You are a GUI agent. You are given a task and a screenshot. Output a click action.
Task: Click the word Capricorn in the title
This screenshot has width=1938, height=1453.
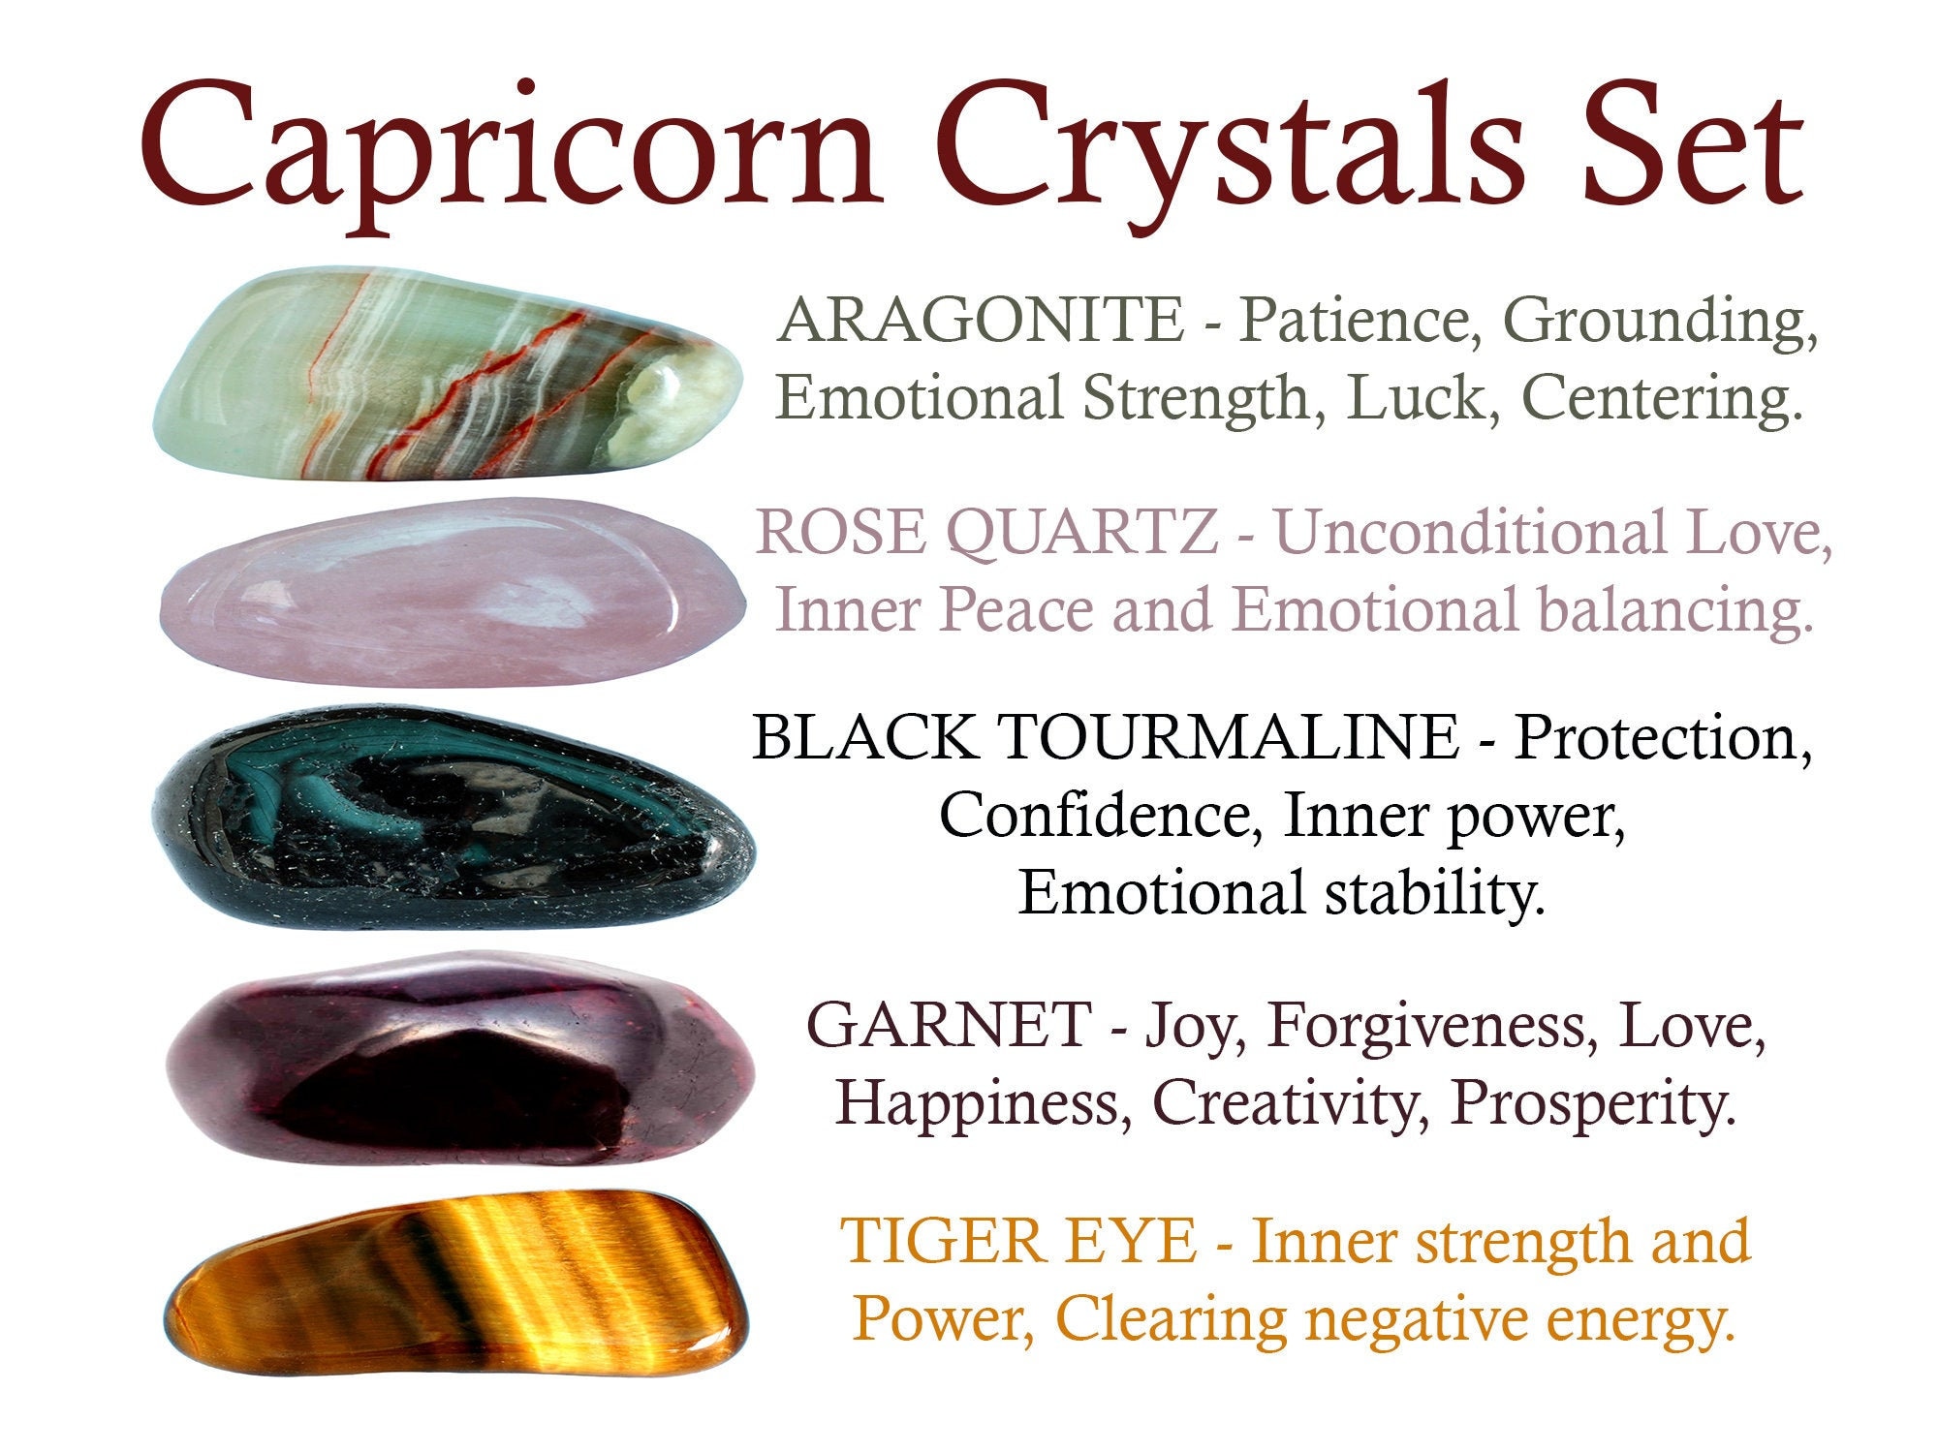pos(511,155)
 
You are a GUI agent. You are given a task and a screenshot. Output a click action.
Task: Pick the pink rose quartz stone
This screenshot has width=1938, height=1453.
pos(453,593)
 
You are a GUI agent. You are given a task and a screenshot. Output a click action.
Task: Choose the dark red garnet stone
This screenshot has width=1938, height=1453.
pos(460,1059)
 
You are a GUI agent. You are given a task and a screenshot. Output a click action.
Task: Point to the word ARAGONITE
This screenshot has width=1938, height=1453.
pos(980,321)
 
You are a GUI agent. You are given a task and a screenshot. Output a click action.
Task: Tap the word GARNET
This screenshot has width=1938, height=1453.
pos(949,1026)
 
